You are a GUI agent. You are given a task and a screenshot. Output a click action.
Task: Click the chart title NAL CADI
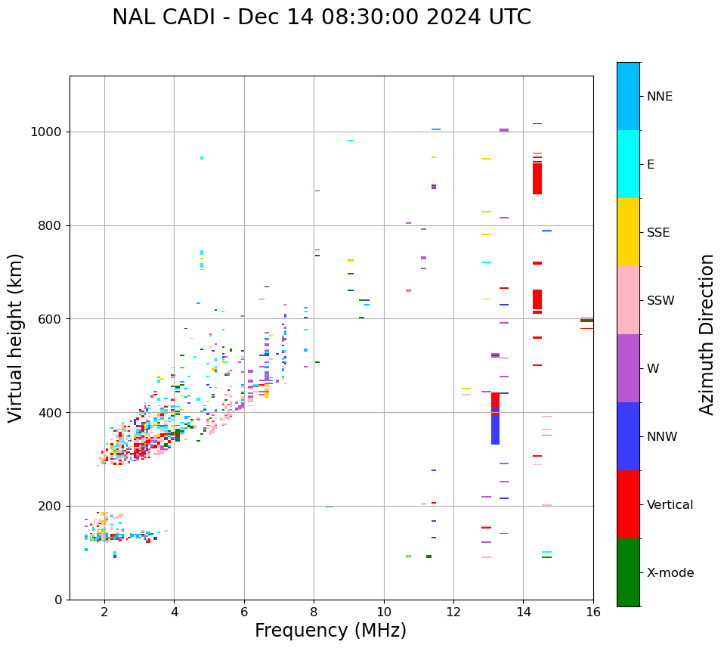(321, 17)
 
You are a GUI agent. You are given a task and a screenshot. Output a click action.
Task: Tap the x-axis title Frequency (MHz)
(330, 631)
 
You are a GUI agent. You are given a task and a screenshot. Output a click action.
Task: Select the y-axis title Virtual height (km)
(16, 337)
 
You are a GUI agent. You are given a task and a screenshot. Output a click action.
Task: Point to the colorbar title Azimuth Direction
(707, 333)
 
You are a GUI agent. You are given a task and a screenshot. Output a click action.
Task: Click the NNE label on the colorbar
(659, 97)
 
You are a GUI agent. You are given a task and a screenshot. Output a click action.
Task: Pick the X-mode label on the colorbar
(670, 573)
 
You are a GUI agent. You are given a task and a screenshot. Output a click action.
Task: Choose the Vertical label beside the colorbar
(670, 505)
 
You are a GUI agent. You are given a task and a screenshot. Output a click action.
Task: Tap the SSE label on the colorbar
(657, 233)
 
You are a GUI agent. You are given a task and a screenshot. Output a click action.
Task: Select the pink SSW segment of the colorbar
(628, 299)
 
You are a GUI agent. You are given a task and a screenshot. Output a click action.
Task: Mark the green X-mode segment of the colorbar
(628, 572)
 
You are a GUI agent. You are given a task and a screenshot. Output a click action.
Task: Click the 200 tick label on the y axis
(52, 506)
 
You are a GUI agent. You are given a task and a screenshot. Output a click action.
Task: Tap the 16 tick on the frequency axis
(593, 612)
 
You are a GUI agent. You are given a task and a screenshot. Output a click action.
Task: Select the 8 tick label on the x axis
(314, 612)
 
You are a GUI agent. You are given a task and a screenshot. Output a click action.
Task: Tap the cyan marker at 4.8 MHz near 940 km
(202, 158)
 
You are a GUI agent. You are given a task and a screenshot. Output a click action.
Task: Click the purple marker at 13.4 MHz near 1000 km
(504, 130)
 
